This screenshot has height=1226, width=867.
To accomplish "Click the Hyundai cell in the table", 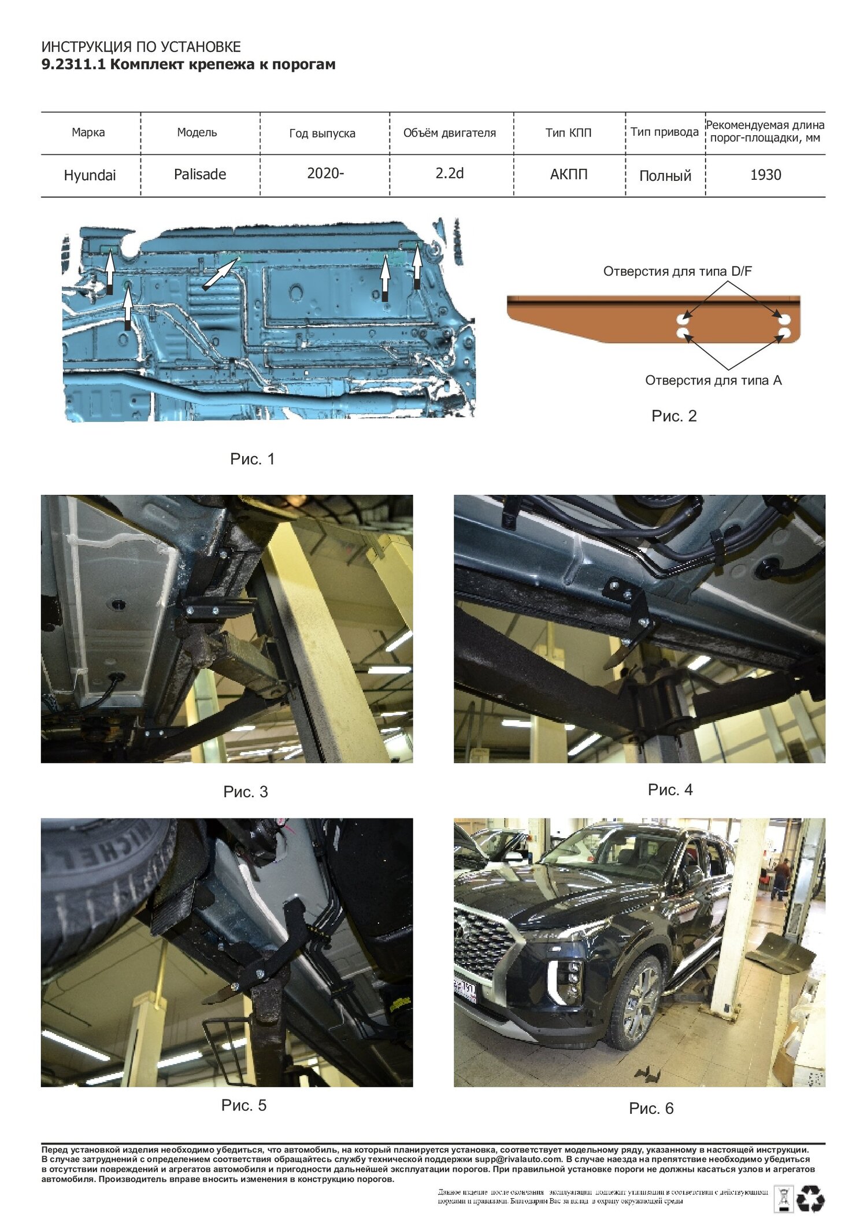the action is [90, 175].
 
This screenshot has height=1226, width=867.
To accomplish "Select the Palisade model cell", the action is [200, 174].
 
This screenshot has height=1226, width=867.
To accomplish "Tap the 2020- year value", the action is [325, 173].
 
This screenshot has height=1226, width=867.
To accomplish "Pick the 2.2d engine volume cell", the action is [450, 173].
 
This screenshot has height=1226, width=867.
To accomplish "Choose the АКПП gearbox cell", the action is [569, 175].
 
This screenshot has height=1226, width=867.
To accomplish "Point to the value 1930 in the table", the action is [765, 175].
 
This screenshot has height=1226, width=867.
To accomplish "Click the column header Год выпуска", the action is [322, 134].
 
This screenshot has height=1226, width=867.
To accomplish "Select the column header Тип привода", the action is [665, 132].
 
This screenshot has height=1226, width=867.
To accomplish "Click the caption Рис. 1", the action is [253, 459].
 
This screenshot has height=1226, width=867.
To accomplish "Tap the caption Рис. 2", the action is [674, 416].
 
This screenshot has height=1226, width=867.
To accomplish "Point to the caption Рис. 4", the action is [670, 790].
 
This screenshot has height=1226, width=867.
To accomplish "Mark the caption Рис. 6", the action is [651, 1108].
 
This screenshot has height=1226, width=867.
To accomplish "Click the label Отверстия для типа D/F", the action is [677, 271].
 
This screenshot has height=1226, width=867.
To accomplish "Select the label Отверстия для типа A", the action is [713, 380].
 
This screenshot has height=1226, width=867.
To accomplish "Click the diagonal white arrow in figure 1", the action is [220, 273].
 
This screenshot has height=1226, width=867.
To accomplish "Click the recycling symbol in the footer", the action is [810, 1198].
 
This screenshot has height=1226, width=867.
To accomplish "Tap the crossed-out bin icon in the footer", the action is [784, 1198].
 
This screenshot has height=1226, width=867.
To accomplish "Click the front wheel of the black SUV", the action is [636, 1003].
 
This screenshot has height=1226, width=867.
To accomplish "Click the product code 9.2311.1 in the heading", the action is [73, 64].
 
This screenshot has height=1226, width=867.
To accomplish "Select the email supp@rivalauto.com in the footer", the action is [518, 1159].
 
